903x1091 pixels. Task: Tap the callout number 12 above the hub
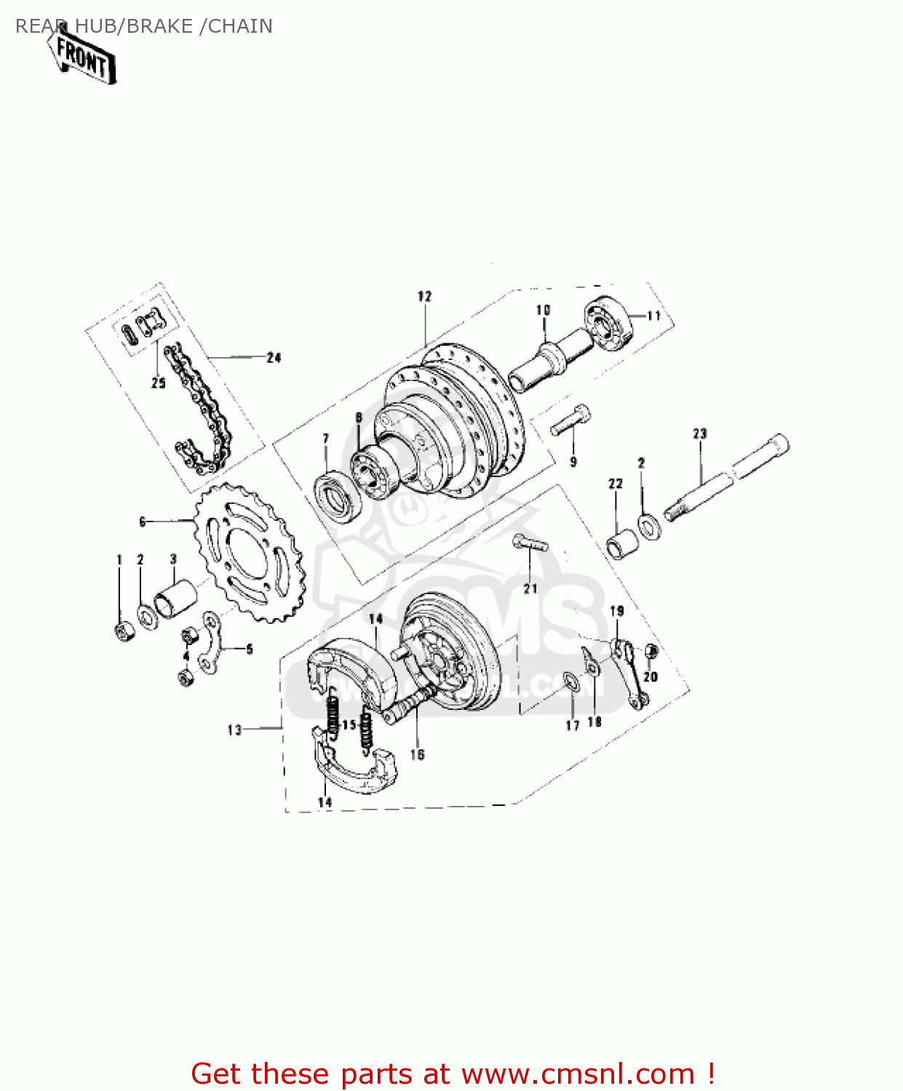click(x=424, y=296)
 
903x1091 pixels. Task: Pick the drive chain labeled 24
click(x=200, y=407)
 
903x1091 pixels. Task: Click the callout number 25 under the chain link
click(x=158, y=383)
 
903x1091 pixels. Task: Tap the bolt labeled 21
click(x=530, y=544)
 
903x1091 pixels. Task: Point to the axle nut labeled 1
click(x=124, y=630)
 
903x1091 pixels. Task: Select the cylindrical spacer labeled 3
click(x=175, y=598)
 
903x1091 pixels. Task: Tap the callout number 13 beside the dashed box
click(x=234, y=730)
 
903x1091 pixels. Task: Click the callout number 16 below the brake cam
click(x=417, y=754)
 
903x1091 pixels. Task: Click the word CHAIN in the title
click(x=240, y=26)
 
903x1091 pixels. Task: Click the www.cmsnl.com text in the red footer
click(x=578, y=1074)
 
